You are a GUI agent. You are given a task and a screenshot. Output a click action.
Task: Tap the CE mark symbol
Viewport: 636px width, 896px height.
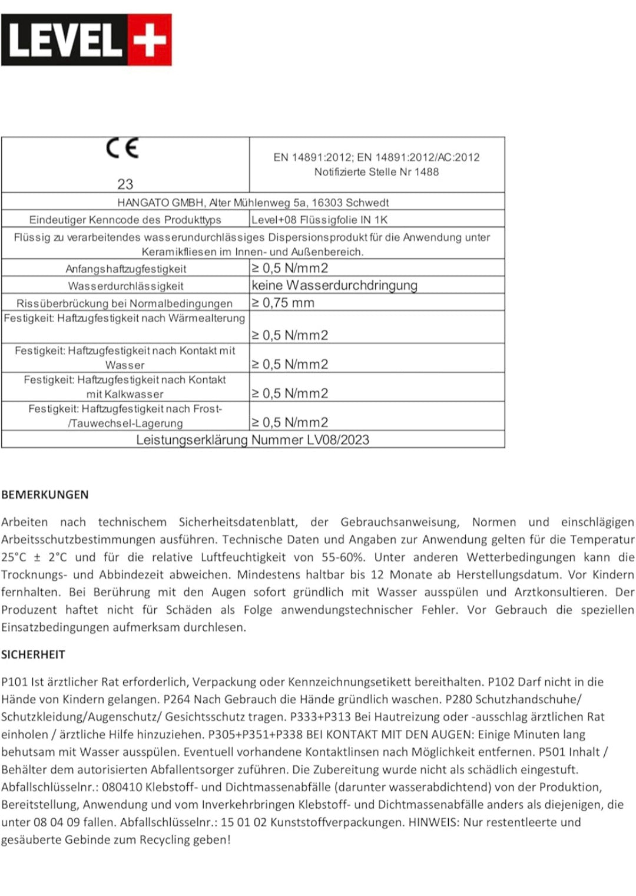(122, 148)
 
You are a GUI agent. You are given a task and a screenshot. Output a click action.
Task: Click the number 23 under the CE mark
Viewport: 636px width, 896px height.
(125, 184)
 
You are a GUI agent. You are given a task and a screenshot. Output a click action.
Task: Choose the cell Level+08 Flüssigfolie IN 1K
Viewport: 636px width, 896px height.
(319, 220)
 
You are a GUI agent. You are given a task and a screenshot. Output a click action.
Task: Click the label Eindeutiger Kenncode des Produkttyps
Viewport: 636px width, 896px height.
(125, 220)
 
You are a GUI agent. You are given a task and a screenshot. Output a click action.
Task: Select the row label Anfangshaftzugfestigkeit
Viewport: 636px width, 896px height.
(125, 269)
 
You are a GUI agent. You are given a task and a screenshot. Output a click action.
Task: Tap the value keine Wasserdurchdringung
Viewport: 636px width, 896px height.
(334, 286)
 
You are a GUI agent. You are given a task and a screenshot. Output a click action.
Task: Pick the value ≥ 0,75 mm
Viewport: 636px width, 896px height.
(283, 303)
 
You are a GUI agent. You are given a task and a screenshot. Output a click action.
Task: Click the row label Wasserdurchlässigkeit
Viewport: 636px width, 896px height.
(125, 286)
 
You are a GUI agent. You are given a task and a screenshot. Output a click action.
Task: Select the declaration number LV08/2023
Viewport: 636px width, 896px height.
(338, 440)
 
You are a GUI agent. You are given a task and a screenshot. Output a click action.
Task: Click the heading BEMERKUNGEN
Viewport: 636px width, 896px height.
(45, 495)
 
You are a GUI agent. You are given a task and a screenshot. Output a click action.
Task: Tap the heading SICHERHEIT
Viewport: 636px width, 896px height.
(33, 654)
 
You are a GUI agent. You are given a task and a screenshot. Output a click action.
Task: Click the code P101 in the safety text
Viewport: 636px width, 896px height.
(15, 682)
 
